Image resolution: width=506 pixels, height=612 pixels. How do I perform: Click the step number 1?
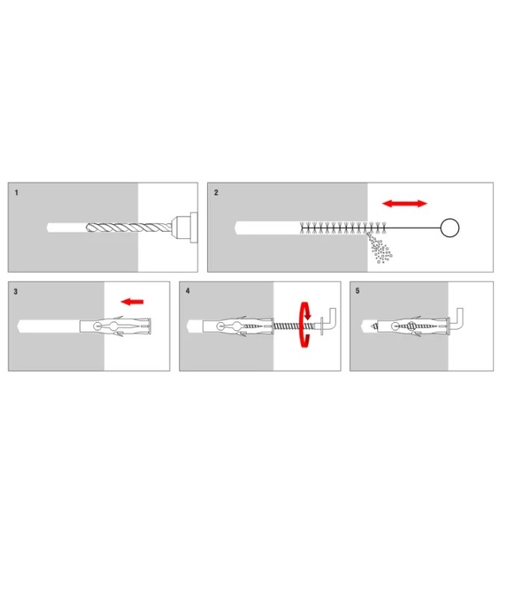[x=16, y=193]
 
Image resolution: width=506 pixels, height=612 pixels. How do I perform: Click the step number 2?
[x=216, y=193]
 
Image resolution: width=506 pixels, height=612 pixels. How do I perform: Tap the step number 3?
[x=16, y=291]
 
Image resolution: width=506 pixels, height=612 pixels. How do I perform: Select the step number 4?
[x=188, y=291]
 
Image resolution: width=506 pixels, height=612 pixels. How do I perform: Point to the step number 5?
[x=357, y=291]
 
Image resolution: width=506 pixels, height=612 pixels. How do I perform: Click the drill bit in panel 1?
[x=129, y=228]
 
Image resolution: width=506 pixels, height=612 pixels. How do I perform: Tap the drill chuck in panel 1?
[x=185, y=228]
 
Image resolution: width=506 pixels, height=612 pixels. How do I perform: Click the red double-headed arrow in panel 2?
[x=404, y=203]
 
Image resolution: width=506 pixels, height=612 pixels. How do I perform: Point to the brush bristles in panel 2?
[x=343, y=228]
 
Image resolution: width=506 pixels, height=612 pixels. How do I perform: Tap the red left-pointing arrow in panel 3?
[x=132, y=302]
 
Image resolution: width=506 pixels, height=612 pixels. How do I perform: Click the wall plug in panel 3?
[x=115, y=327]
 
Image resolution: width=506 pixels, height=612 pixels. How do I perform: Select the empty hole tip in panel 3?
[x=19, y=327]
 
